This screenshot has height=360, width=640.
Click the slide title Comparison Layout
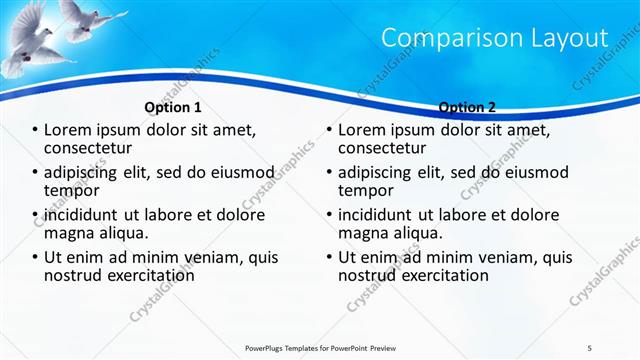point(495,38)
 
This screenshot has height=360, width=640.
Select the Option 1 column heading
point(173,107)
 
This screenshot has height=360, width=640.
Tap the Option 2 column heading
point(467,107)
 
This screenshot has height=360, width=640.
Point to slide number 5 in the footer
point(590,347)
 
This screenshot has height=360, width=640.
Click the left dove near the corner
point(28,35)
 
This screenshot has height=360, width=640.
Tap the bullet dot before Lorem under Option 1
point(36,131)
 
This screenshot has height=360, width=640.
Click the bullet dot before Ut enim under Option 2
point(330,257)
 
